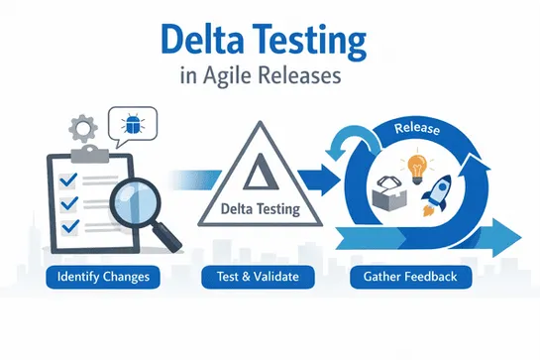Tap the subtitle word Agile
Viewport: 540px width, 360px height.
(x=234, y=79)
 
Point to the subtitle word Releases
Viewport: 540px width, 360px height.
(x=306, y=79)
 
